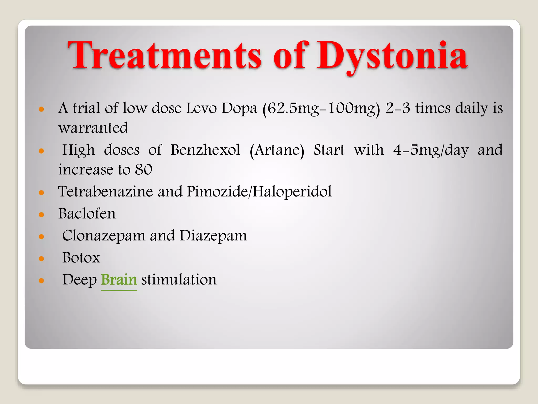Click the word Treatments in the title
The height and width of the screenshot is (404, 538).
point(164,56)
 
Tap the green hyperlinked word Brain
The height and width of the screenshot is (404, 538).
point(119,280)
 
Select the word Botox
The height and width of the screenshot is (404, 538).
point(81,257)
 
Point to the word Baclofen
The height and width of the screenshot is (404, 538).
point(87,214)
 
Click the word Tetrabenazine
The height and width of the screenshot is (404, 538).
point(105,191)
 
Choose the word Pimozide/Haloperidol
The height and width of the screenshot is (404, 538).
point(259,191)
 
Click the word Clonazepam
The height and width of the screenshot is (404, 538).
point(104,236)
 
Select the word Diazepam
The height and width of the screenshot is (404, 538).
point(213,236)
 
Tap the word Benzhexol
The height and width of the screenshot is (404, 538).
point(205,150)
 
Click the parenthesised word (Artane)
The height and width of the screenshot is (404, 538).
point(277,150)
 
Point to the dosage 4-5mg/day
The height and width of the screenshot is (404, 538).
point(431,150)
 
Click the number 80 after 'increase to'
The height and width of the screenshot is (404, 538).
point(144,170)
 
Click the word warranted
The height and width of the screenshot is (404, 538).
point(93,128)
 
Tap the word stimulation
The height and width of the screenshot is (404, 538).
point(179,280)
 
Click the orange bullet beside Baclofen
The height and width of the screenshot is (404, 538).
point(41,215)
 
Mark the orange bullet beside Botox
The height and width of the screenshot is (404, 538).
point(41,259)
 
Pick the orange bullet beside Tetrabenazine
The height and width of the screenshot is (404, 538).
point(41,193)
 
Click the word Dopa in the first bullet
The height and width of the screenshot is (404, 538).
point(239,109)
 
